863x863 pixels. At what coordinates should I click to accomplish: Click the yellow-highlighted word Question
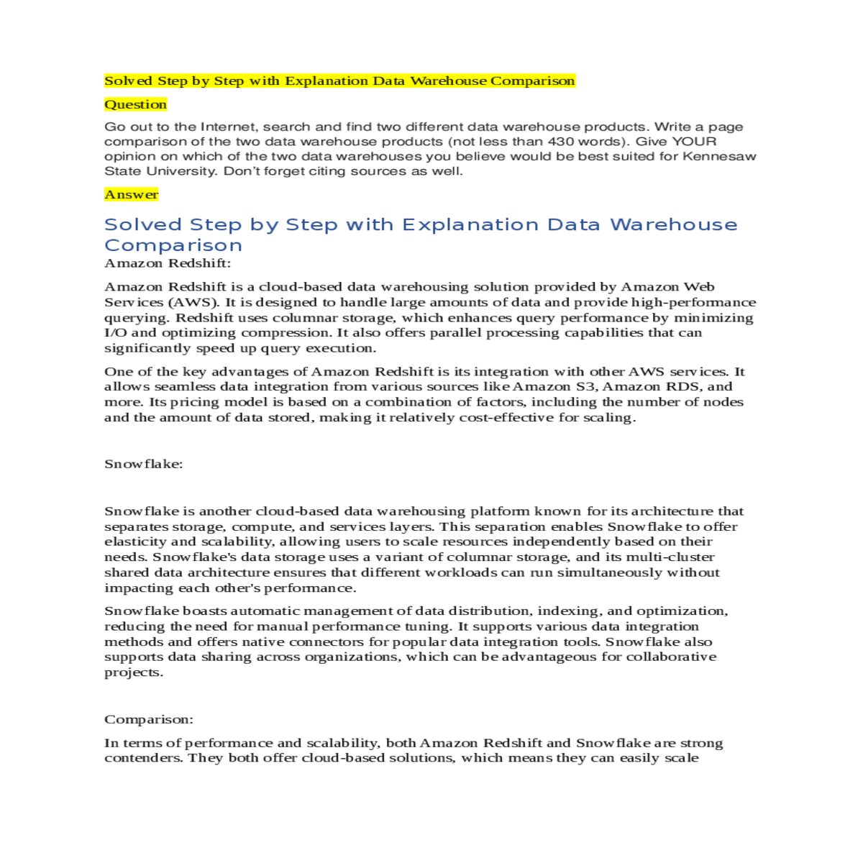[135, 104]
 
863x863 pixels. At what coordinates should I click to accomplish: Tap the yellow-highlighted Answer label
[131, 194]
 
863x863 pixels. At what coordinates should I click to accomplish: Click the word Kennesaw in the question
[719, 156]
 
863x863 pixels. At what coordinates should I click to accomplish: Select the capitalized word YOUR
[693, 142]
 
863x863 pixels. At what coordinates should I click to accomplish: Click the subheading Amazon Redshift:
[168, 263]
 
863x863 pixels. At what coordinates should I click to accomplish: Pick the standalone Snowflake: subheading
[144, 464]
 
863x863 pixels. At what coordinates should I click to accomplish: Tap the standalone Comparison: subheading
[149, 719]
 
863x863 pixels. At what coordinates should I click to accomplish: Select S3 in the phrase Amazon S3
[586, 387]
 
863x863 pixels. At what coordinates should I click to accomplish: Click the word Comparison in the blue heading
[173, 246]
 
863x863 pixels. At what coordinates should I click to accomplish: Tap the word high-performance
[693, 302]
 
